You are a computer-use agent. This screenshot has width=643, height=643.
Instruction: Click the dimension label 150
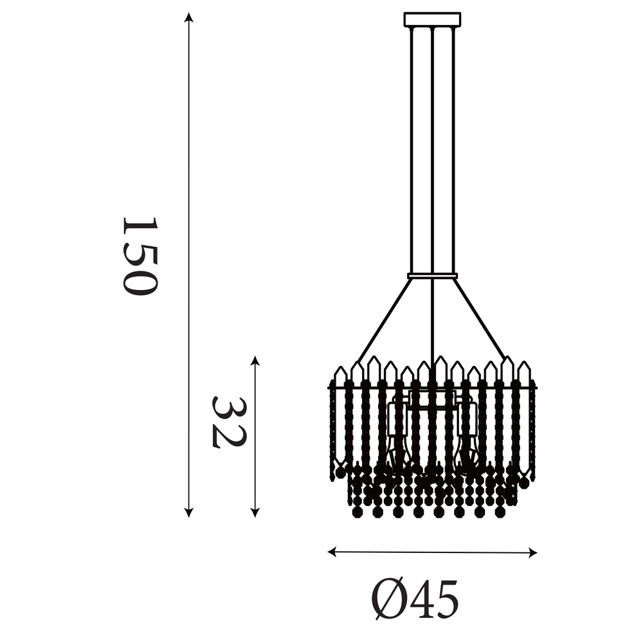click(x=139, y=255)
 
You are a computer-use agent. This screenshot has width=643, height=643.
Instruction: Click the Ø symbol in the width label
click(x=388, y=599)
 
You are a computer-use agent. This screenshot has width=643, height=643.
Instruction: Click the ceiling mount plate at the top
click(x=432, y=19)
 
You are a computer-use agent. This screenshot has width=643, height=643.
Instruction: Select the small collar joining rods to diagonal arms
click(x=432, y=276)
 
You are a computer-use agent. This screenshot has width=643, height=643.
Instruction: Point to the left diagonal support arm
click(x=384, y=320)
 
